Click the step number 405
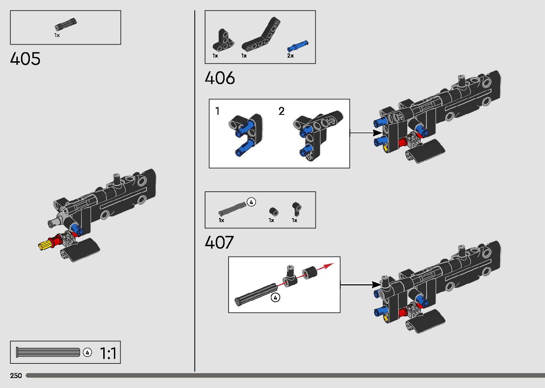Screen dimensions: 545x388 pos(25,59)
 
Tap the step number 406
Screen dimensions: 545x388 pos(220,78)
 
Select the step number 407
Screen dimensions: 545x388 pos(219,243)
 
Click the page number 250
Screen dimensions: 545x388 pos(16,376)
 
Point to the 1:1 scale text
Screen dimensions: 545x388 pos(108,353)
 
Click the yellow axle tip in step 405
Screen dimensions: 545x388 pos(43,245)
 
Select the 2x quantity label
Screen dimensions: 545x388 pos(290,56)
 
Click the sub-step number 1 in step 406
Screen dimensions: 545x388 pos(218,111)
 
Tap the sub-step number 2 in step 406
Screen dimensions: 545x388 pos(282,111)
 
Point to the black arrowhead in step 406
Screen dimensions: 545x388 pos(377,133)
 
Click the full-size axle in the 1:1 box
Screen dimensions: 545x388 pos(48,352)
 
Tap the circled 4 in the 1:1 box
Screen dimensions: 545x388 pos(87,352)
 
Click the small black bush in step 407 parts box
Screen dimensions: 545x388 pos(273,211)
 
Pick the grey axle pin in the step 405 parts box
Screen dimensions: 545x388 pos(65,25)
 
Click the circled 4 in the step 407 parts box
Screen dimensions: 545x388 pos(251,202)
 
